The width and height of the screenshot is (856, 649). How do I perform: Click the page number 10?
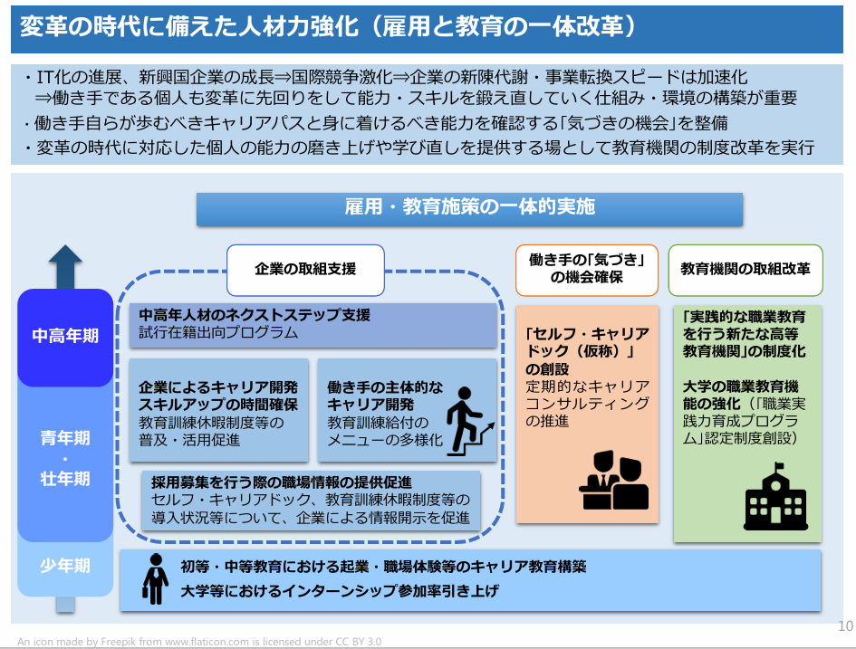pos(845,626)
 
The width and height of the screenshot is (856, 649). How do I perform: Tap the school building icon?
pos(775,496)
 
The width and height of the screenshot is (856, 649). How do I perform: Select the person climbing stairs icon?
pos(470,421)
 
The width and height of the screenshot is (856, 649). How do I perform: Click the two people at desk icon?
pos(614,480)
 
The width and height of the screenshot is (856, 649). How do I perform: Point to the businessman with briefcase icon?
pos(156,579)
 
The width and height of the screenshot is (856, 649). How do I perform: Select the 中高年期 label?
pos(65,336)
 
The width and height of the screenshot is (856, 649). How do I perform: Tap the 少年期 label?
pos(65,566)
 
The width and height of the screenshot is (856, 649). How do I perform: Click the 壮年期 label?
pos(65,479)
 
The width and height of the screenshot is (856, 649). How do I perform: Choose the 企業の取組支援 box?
pos(306,270)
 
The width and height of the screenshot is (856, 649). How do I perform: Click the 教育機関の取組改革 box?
pos(745,270)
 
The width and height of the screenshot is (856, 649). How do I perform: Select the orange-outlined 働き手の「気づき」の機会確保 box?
pos(587,270)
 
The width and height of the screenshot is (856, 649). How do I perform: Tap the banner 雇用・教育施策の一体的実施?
pos(469,209)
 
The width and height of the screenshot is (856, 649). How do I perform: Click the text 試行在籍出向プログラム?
pos(218,333)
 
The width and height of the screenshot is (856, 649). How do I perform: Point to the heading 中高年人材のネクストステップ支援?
pos(255,315)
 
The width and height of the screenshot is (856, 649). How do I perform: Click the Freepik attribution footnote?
pos(199,642)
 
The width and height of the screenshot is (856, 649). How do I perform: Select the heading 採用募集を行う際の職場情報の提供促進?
pos(282,482)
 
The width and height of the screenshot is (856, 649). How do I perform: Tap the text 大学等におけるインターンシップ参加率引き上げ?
pos(340,591)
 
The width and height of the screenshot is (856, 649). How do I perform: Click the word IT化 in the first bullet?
pos(53,78)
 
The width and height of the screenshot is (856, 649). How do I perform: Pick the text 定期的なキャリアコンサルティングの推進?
pos(587,404)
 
